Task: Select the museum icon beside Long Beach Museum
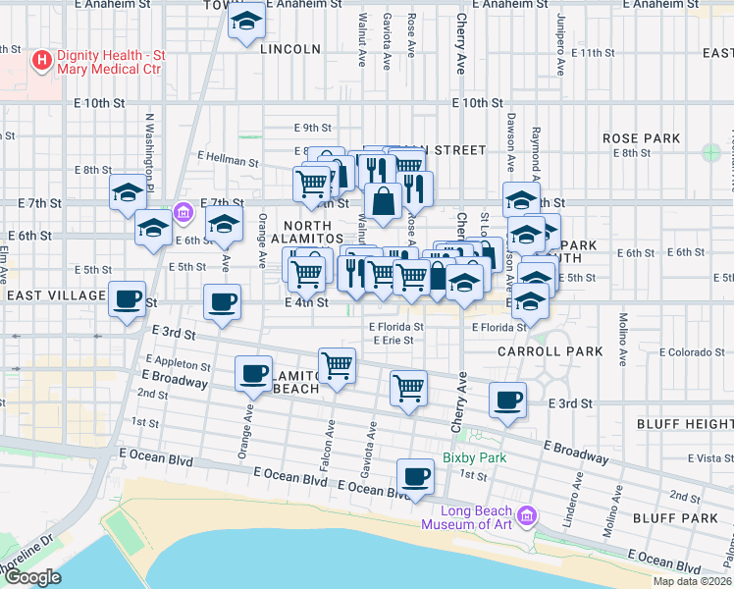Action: pos(528,515)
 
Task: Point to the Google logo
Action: pos(31,577)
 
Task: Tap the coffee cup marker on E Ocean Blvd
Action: pos(415,477)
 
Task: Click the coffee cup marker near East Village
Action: pos(127,298)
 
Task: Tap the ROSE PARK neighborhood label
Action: pos(641,138)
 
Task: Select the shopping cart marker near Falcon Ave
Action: pos(338,365)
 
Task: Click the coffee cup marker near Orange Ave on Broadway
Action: pos(254,373)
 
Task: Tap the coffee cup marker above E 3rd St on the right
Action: pos(507,401)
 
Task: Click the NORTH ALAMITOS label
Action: pos(307,232)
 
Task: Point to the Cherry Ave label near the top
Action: pos(460,44)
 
